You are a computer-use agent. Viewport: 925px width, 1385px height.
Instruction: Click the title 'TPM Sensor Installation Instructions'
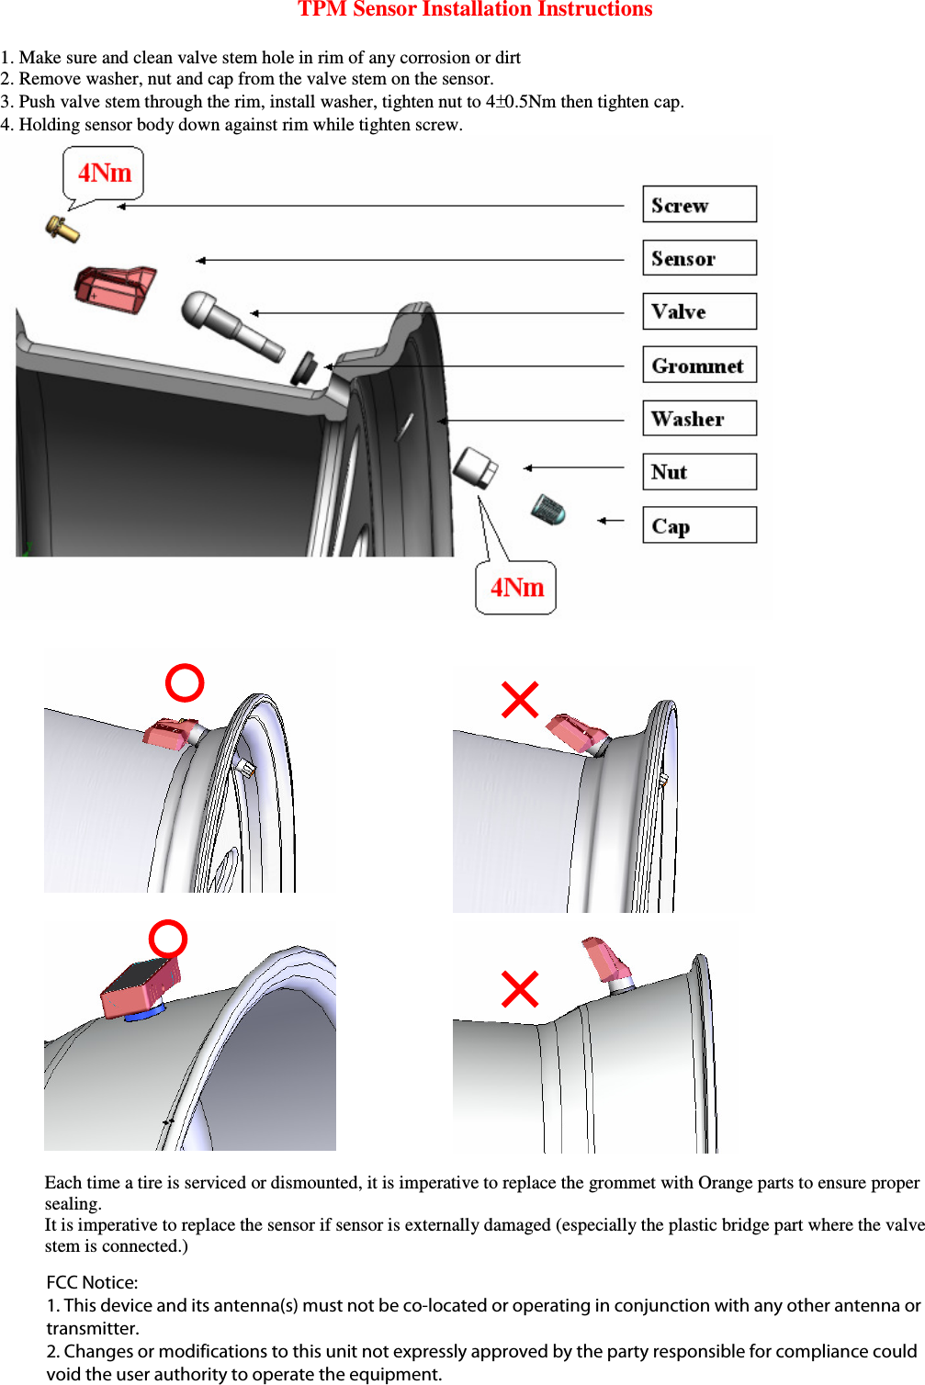(474, 10)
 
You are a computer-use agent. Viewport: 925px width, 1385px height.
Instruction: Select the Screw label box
(699, 205)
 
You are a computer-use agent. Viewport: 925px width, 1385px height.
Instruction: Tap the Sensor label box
(699, 258)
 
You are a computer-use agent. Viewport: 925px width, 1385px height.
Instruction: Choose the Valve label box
(699, 311)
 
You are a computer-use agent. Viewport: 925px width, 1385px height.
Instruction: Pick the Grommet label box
(699, 366)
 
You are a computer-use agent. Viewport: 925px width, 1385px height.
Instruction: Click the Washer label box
(699, 419)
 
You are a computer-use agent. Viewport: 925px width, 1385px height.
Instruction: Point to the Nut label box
(699, 472)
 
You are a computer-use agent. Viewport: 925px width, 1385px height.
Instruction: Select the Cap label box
(699, 525)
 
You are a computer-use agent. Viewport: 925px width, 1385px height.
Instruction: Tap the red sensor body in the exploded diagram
(115, 288)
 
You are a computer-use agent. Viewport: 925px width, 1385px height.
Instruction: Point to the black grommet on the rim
(303, 366)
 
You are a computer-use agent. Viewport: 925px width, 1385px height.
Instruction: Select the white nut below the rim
(475, 467)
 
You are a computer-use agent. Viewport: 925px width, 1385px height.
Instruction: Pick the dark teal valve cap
(548, 509)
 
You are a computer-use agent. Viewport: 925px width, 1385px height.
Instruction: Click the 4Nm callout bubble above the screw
(103, 173)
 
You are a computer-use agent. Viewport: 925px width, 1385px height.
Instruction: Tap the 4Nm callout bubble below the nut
(515, 588)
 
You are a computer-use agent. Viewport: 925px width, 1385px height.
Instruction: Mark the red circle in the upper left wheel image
(185, 683)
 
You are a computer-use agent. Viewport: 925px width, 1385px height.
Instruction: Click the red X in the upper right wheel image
(520, 700)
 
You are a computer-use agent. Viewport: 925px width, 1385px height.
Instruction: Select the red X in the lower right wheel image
(520, 989)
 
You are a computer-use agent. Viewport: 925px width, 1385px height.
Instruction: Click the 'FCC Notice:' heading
(92, 1282)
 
